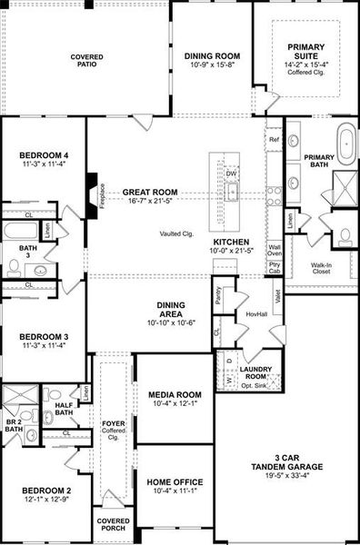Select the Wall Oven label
click(275, 249)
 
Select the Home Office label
click(175, 482)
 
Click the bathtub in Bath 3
click(20, 231)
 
